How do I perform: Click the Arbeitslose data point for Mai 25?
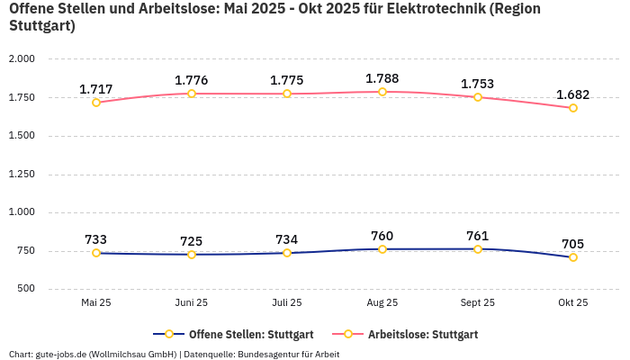pyautogui.click(x=96, y=103)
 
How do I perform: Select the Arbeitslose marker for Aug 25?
pyautogui.click(x=382, y=92)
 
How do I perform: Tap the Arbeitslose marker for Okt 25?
pyautogui.click(x=573, y=108)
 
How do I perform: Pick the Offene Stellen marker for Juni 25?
pyautogui.click(x=192, y=255)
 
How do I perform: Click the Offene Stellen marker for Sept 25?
pyautogui.click(x=478, y=249)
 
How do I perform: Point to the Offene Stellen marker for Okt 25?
pyautogui.click(x=573, y=257)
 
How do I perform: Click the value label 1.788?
pyautogui.click(x=382, y=78)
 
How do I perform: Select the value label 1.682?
pyautogui.click(x=573, y=94)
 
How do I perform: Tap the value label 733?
pyautogui.click(x=96, y=239)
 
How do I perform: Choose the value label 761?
pyautogui.click(x=478, y=236)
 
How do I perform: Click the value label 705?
pyautogui.click(x=573, y=244)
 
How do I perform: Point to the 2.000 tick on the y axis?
pyautogui.click(x=22, y=59)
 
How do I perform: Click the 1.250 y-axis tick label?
pyautogui.click(x=22, y=175)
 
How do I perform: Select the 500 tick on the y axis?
pyautogui.click(x=26, y=289)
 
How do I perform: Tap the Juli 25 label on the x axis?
pyautogui.click(x=287, y=303)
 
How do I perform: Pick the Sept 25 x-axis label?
pyautogui.click(x=478, y=303)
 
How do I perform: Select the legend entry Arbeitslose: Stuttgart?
pyautogui.click(x=423, y=334)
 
